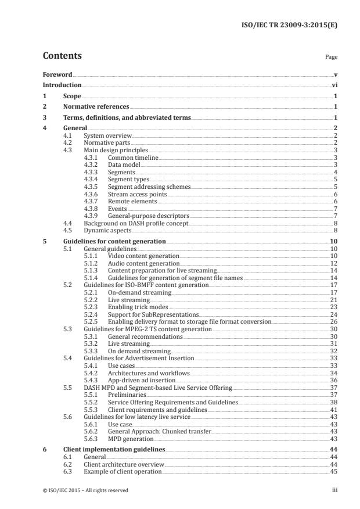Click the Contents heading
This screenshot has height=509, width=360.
click(x=62, y=56)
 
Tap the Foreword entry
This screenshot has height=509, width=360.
click(x=57, y=74)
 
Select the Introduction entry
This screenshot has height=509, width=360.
click(x=62, y=85)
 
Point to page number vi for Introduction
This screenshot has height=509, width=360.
click(x=334, y=85)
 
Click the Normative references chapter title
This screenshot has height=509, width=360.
click(x=96, y=106)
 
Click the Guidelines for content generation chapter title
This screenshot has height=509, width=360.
click(x=114, y=241)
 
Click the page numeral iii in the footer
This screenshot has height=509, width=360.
click(x=334, y=490)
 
